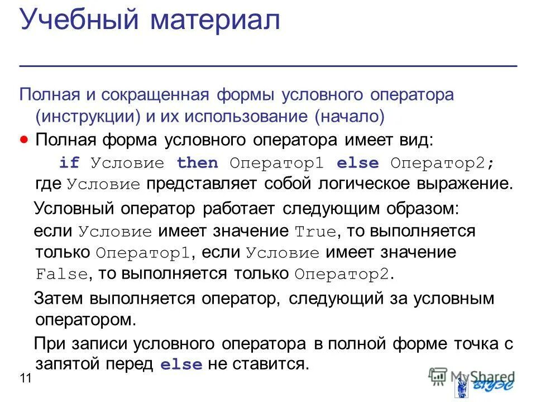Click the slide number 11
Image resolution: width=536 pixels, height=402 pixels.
tap(25, 379)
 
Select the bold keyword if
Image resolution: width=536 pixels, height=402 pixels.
tap(69, 163)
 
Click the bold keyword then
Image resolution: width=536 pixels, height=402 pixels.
tap(197, 163)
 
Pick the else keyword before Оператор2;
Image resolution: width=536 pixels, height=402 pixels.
tap(357, 163)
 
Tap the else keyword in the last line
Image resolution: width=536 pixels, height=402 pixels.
tap(181, 365)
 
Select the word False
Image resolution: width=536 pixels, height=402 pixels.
tap(61, 275)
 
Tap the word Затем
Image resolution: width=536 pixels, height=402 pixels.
tap(58, 299)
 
